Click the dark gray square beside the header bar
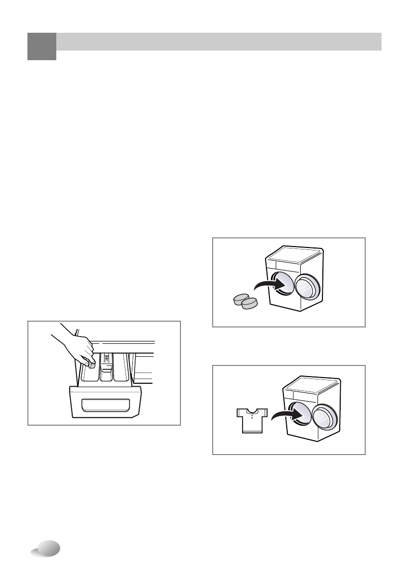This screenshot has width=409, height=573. pos(41,46)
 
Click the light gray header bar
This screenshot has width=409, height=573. pos(219,41)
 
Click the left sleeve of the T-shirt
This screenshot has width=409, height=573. pos(241,413)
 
